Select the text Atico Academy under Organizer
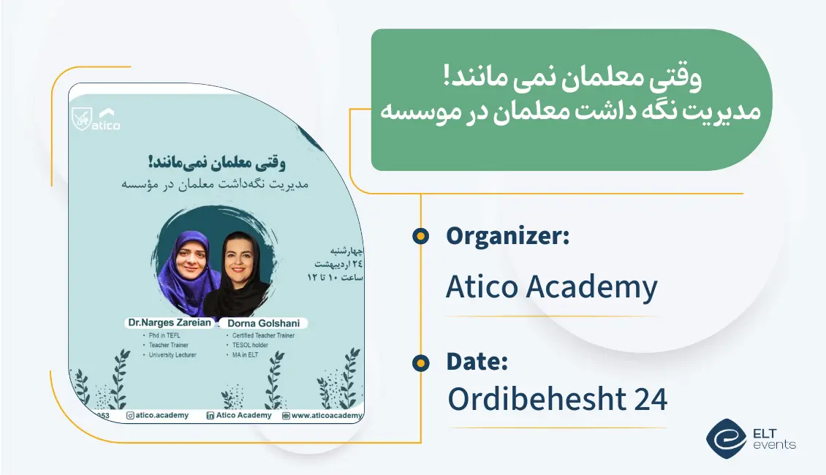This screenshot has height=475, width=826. pos(551,288)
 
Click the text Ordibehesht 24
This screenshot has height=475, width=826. pos(557,399)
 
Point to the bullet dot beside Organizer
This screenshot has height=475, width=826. pos(420,236)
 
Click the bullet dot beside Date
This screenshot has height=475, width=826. pos(420,362)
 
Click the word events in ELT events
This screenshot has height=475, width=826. pos(774,444)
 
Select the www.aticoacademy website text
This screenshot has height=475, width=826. pos(327,415)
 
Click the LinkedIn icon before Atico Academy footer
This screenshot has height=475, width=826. pos(210,415)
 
